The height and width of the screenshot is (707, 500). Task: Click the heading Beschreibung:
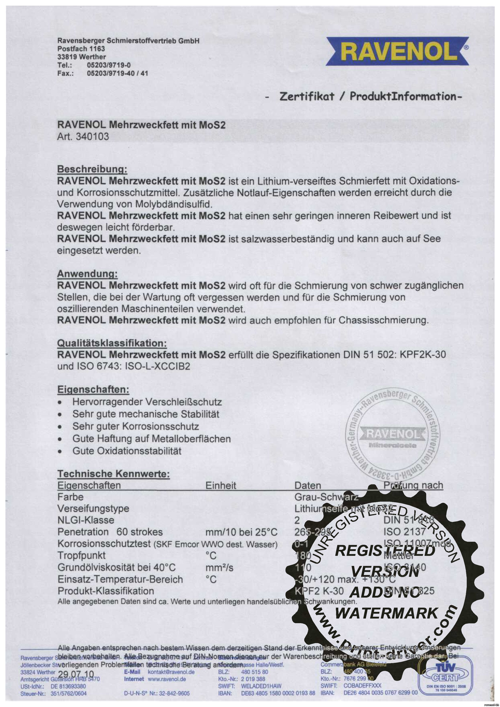point(92,169)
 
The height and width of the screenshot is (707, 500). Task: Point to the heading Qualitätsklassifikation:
point(112,343)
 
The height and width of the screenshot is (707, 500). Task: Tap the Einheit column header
point(221,486)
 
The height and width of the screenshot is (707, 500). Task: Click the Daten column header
point(307,486)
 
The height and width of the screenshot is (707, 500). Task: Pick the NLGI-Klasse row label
point(86,520)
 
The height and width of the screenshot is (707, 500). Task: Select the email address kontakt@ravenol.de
point(171,672)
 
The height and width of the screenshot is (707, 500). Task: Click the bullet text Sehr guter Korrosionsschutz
point(135,426)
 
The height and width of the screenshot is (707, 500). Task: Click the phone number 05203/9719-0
point(109,65)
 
